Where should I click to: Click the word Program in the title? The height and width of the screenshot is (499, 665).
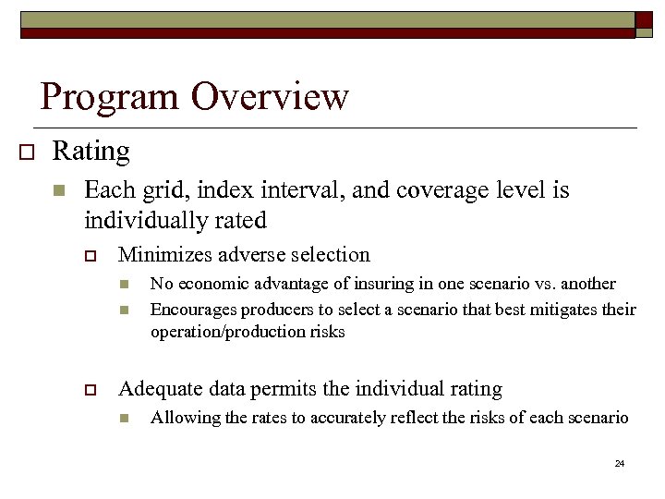coord(110,96)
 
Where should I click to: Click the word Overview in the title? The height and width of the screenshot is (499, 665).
coord(270,96)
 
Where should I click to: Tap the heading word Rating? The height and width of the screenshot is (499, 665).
coord(91,150)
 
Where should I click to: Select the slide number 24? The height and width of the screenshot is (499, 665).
coord(620,462)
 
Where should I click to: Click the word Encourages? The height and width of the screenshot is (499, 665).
coord(191,308)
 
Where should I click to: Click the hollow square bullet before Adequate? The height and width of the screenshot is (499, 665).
coord(91,390)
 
